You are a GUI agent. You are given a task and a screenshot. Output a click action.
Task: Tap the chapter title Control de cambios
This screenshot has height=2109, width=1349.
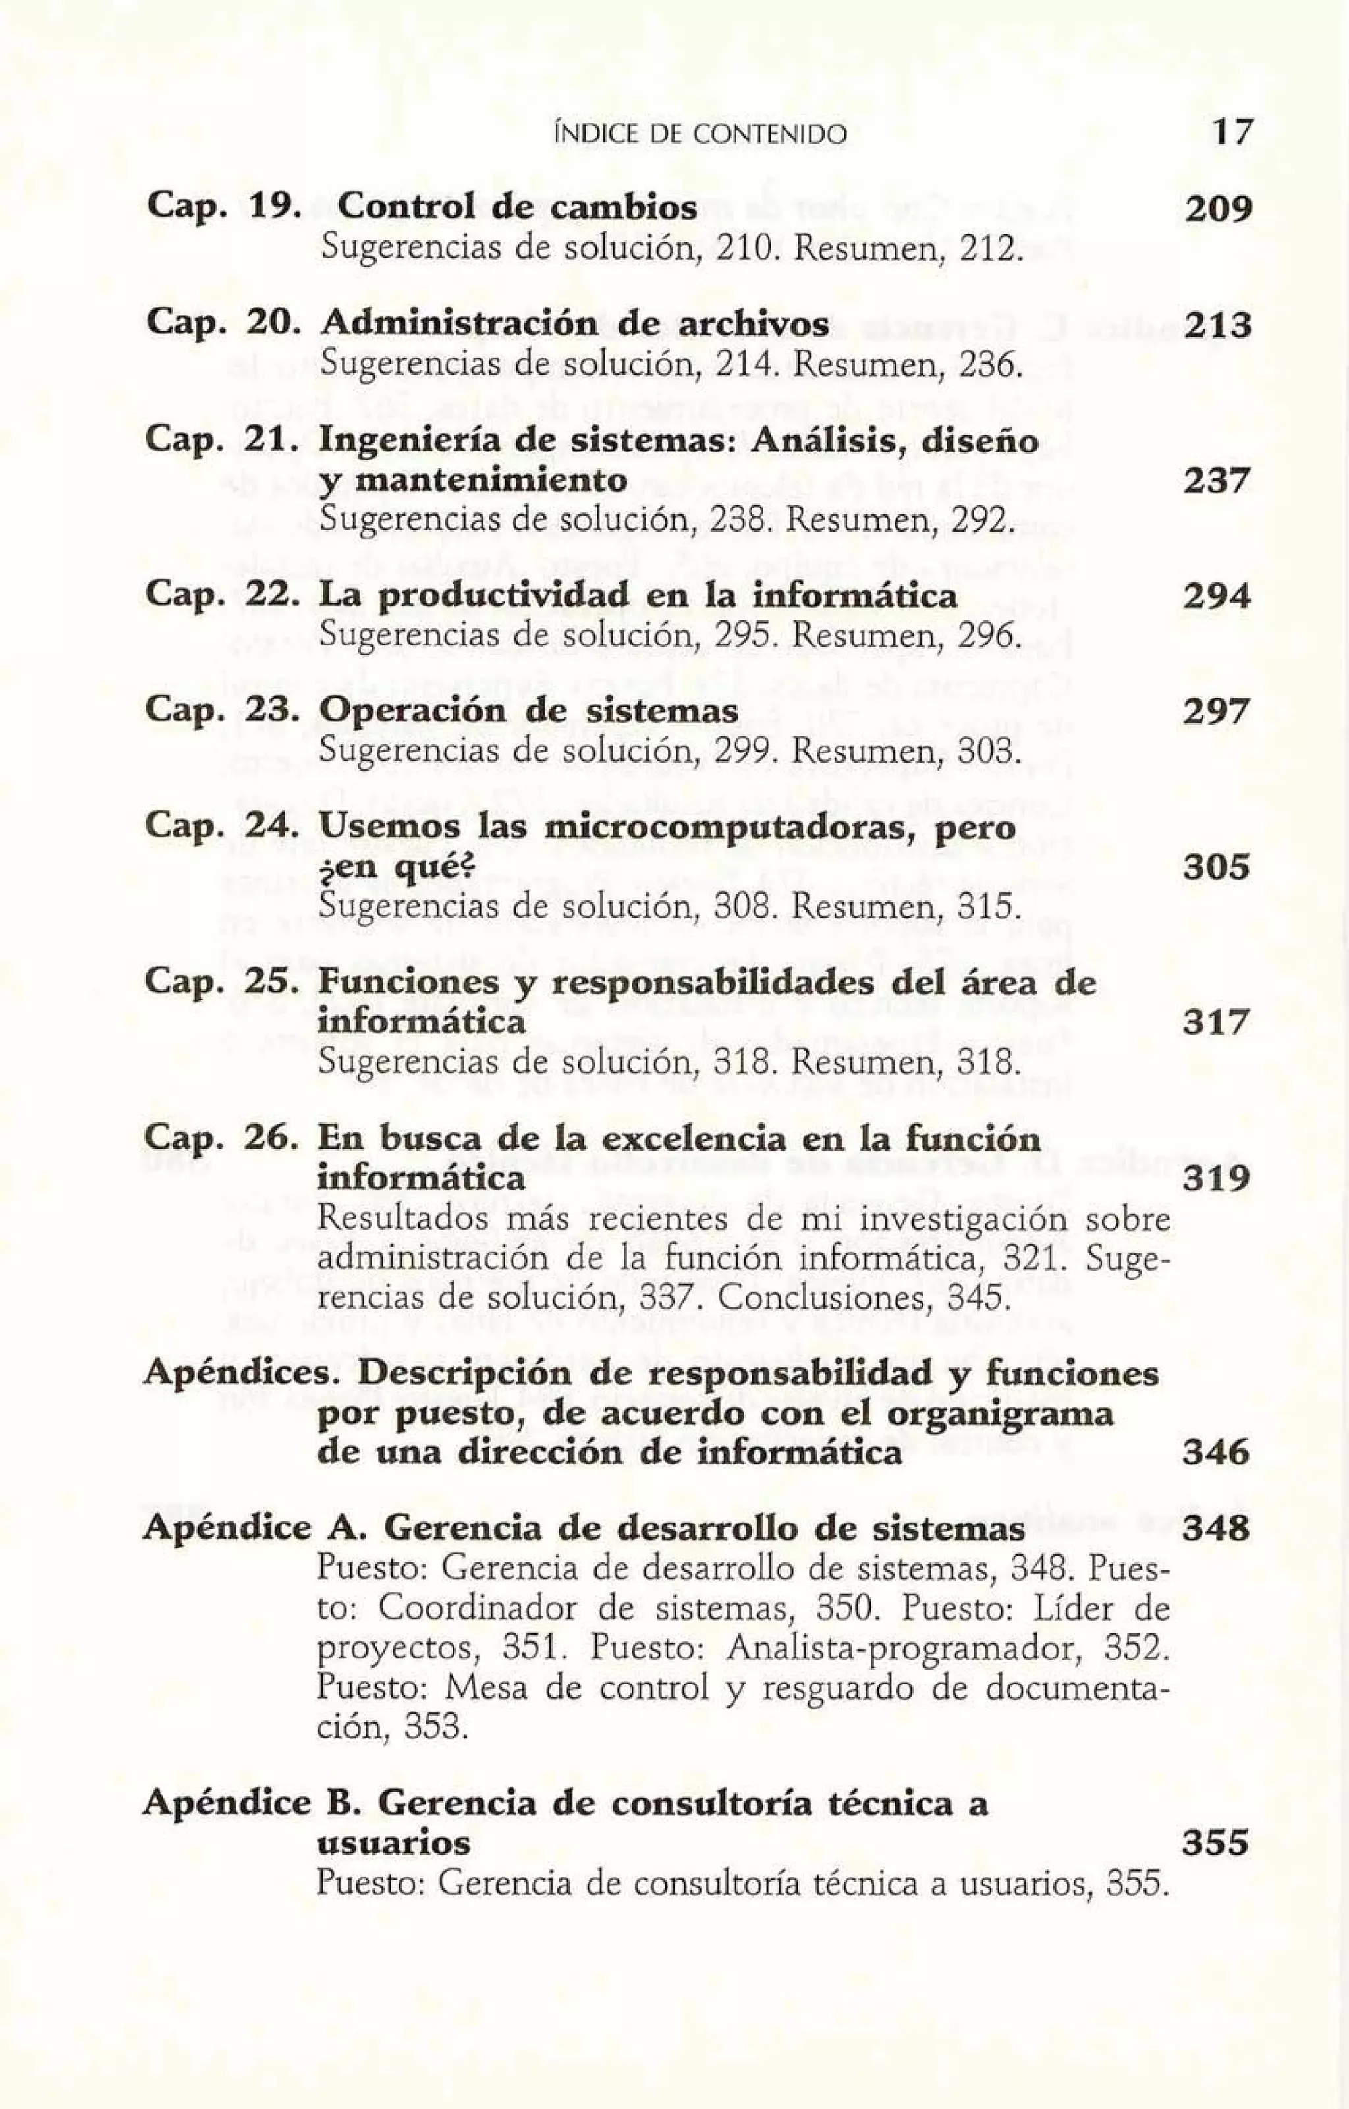[517, 207]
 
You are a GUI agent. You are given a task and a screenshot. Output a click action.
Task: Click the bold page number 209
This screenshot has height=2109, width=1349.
[1216, 209]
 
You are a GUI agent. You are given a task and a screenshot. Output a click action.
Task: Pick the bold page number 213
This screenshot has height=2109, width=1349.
[1216, 326]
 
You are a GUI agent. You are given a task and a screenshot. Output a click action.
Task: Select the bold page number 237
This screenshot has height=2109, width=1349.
[1216, 481]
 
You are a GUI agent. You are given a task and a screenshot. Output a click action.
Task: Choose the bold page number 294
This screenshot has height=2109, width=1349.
[1216, 597]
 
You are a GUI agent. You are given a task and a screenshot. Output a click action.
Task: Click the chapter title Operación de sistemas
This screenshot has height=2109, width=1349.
[528, 712]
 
